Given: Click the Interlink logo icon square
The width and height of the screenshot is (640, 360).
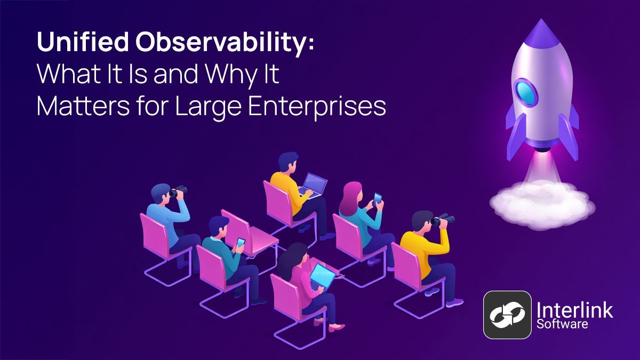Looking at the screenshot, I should tap(508, 315).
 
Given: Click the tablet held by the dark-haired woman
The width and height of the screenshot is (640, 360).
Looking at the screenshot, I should tap(323, 275).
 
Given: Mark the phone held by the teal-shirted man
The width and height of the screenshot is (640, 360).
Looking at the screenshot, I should tap(241, 243).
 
